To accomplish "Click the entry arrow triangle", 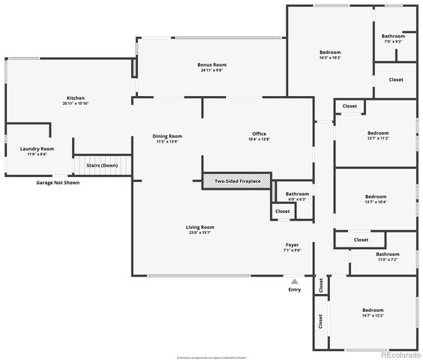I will (295, 281).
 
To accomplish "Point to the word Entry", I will (295, 289).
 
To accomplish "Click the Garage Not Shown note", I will (58, 182).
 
